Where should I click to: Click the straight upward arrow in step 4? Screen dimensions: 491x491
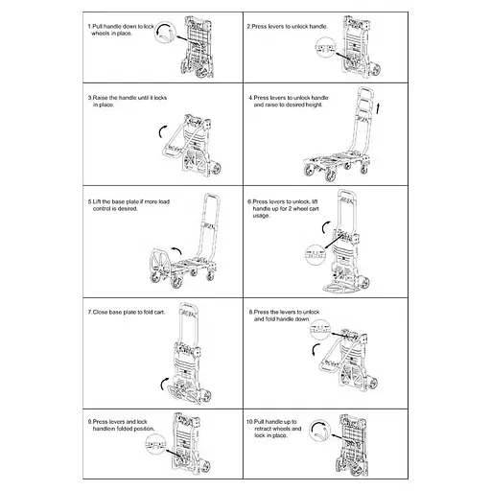(378, 108)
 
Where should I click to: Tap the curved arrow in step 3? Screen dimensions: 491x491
(161, 131)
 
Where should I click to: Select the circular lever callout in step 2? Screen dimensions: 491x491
(325, 47)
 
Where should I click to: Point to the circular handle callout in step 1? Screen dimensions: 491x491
(165, 32)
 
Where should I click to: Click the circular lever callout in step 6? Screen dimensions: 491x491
(316, 254)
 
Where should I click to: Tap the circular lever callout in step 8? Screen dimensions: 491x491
(320, 329)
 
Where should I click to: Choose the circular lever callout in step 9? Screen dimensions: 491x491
(155, 445)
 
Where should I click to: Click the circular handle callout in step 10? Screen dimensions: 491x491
(319, 431)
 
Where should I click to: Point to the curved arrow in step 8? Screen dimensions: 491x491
(315, 349)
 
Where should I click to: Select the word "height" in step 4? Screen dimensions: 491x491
(314, 105)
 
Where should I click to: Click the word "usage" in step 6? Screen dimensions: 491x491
(261, 216)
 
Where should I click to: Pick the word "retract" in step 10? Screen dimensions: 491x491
(264, 429)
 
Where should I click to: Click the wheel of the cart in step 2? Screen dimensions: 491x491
(374, 70)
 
